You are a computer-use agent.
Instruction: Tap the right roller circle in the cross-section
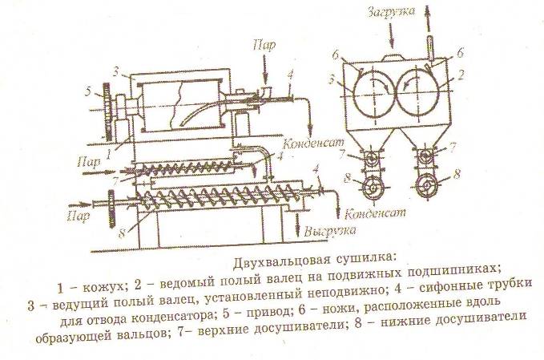point(416,89)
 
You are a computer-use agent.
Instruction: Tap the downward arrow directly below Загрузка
point(390,35)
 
